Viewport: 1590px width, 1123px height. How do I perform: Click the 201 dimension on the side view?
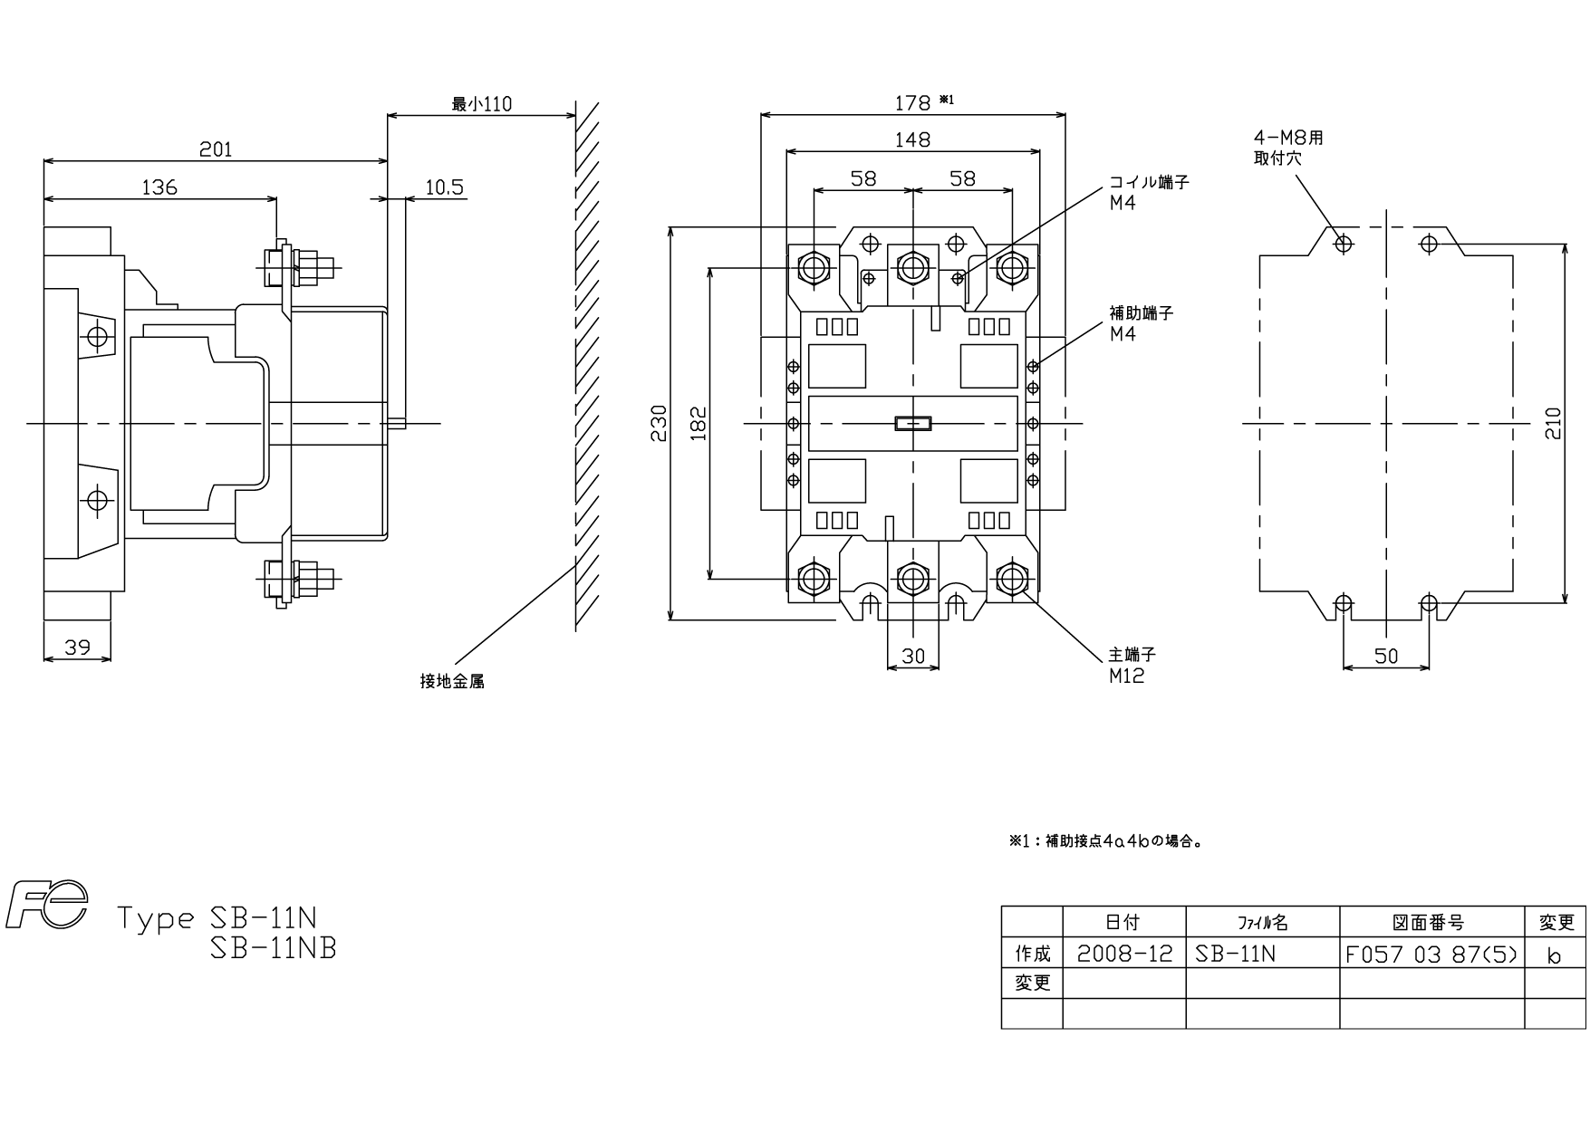pos(216,149)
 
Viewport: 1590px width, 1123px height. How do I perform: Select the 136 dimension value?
pos(159,187)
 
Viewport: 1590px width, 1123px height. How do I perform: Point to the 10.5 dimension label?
pos(444,187)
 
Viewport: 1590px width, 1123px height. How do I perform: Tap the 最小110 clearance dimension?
pos(482,104)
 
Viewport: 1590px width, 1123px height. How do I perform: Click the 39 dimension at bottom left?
pos(77,648)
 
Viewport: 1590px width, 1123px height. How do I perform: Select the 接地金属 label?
pos(452,681)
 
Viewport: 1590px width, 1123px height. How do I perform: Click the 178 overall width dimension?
pos(912,103)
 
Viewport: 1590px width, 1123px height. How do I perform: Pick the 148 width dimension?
pos(912,139)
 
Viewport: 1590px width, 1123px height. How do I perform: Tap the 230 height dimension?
pos(659,423)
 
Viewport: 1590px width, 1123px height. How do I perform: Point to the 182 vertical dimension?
pos(698,423)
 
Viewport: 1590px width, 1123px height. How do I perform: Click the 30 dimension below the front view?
pos(913,656)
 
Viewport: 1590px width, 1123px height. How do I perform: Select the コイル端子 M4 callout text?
pos(1149,192)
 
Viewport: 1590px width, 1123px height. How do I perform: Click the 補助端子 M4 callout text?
pos(1141,323)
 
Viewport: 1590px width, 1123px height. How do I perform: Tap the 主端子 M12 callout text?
pos(1132,665)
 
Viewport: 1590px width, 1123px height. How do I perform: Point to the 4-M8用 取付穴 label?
pos(1288,148)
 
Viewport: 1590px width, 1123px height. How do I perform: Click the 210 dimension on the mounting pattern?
pos(1554,423)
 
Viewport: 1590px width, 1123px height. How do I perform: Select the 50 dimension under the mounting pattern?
pos(1386,656)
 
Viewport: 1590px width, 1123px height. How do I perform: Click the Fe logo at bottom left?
pos(46,905)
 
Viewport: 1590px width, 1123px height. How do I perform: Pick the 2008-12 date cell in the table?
pos(1124,954)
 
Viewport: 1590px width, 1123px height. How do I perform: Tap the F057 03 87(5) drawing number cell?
pos(1431,954)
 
